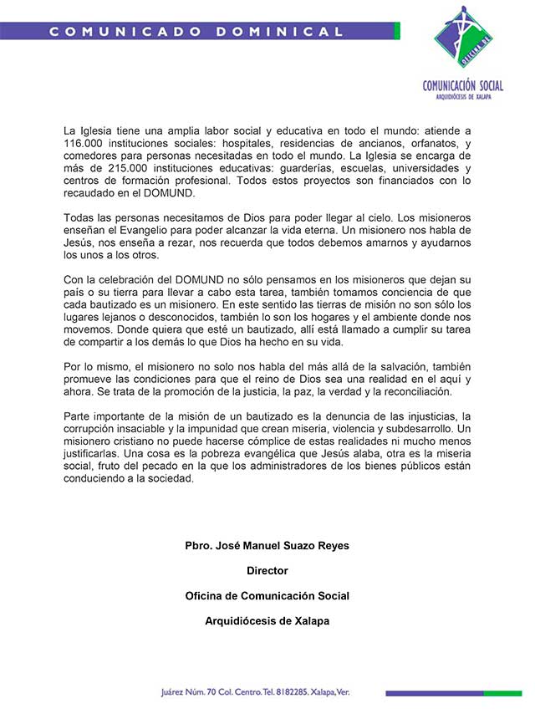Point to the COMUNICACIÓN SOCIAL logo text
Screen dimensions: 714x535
(462, 85)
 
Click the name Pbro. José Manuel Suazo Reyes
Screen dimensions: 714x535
(267, 546)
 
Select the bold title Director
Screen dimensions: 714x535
(267, 571)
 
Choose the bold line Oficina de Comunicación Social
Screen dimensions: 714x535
(267, 596)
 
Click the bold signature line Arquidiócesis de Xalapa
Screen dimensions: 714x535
(267, 621)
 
